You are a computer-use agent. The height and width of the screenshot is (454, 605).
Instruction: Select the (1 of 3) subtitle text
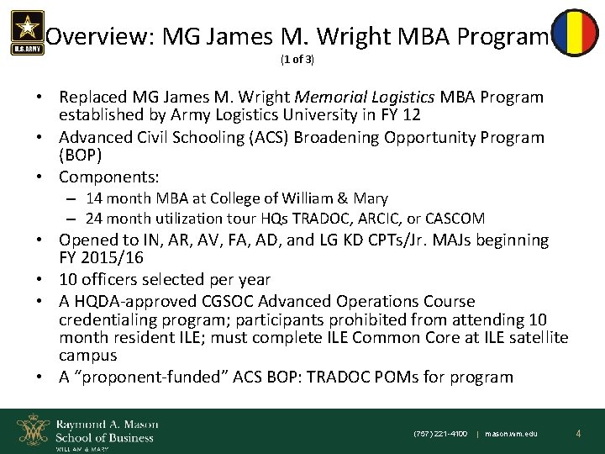coord(301,61)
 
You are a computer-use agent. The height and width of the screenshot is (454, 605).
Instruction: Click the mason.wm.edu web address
coord(513,434)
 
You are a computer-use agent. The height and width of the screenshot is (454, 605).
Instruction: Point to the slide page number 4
coord(579,433)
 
